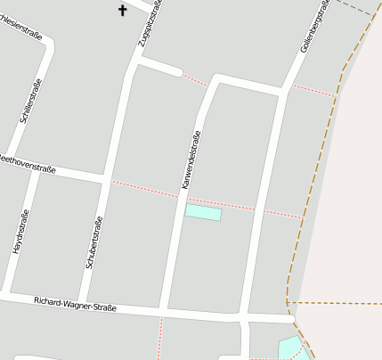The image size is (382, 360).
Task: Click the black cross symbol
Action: pyautogui.click(x=123, y=10)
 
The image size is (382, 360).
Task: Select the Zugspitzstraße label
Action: pyautogui.click(x=149, y=24)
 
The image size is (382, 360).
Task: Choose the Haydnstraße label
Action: pyautogui.click(x=20, y=232)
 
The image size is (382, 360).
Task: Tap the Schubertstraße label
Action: pyautogui.click(x=93, y=242)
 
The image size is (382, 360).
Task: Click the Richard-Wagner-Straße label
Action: pyautogui.click(x=75, y=304)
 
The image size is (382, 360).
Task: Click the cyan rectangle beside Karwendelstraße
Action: pyautogui.click(x=203, y=212)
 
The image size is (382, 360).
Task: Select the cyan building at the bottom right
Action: pyautogui.click(x=289, y=348)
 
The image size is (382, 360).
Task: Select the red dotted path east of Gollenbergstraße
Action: pyautogui.click(x=313, y=90)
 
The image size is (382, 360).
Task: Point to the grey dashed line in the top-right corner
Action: pyautogui.click(x=356, y=9)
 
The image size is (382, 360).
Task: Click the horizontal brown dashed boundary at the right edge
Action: pyautogui.click(x=338, y=303)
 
